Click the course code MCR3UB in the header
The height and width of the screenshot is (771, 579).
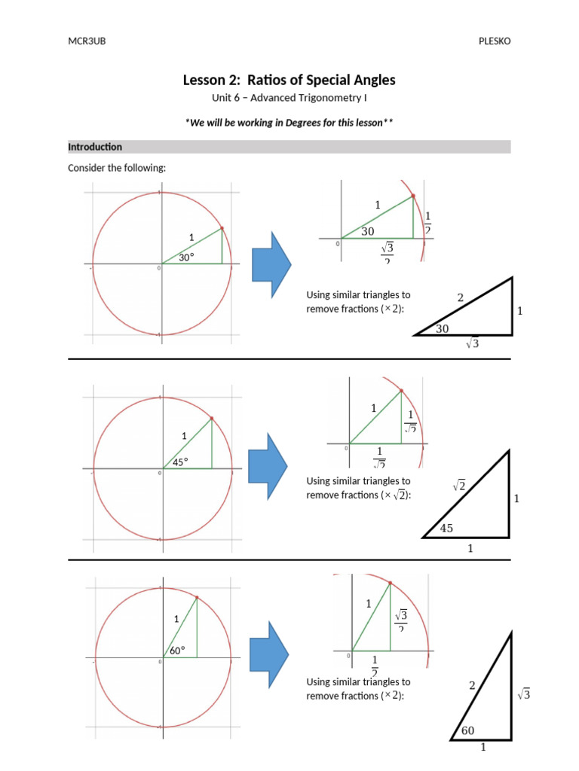click(x=87, y=41)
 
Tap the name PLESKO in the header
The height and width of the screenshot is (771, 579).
click(x=494, y=41)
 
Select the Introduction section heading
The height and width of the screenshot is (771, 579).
click(x=95, y=147)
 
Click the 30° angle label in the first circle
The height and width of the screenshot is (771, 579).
click(x=187, y=257)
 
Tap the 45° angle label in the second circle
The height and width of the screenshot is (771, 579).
click(x=180, y=462)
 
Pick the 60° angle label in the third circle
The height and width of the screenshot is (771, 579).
click(x=177, y=651)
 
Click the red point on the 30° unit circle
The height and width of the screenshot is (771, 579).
click(x=222, y=228)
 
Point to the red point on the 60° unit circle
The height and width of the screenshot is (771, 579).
click(x=197, y=598)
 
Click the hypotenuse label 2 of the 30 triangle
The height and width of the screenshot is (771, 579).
click(x=461, y=298)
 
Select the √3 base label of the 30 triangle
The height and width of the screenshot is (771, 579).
click(x=473, y=343)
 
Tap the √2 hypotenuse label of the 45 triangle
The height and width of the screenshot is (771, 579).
click(x=458, y=486)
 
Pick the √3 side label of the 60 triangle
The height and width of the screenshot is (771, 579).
click(x=524, y=695)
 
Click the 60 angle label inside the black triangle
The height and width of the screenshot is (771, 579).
click(x=468, y=731)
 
